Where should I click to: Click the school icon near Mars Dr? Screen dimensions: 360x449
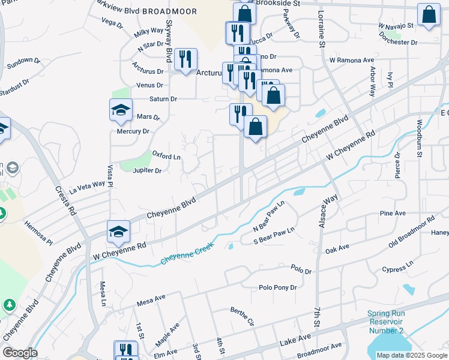tap(121, 110)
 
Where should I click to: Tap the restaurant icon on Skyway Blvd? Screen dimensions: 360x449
tap(186, 59)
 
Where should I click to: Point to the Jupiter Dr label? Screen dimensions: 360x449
tap(147, 170)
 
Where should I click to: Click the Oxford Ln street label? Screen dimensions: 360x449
tap(166, 155)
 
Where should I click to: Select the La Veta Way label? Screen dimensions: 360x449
tap(87, 186)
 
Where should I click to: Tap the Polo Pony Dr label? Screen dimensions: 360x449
tap(277, 288)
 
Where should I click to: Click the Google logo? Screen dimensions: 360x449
tap(20, 353)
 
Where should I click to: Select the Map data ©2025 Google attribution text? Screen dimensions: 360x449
tap(412, 355)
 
